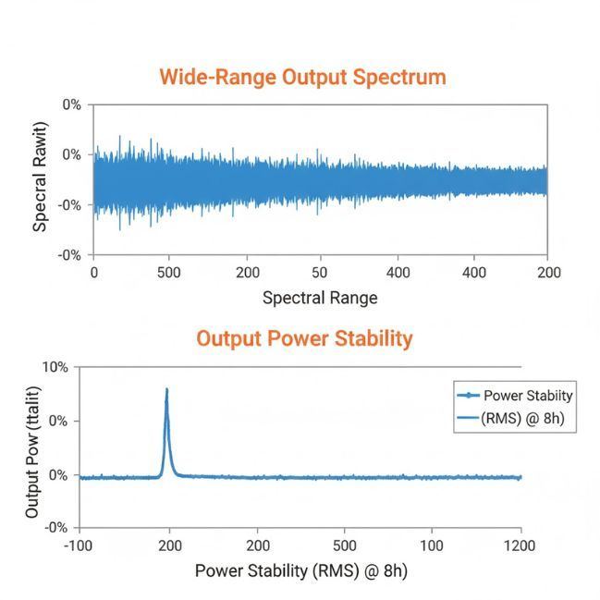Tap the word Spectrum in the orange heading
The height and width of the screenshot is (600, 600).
tap(401, 77)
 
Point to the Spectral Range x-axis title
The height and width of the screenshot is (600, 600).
tap(320, 298)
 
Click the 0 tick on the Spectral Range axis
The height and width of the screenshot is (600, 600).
tap(93, 273)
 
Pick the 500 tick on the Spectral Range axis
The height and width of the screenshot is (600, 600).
tap(168, 273)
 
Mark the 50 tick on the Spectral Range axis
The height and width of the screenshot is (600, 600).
tap(320, 273)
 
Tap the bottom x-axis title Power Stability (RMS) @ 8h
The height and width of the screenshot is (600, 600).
tap(300, 570)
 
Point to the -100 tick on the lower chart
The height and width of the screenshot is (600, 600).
tap(80, 545)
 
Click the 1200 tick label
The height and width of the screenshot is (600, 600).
tap(520, 545)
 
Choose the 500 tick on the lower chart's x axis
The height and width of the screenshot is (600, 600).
tap(345, 545)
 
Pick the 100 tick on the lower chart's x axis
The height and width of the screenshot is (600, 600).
tap(432, 545)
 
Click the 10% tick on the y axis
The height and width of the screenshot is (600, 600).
tap(55, 367)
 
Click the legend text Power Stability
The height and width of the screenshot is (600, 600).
tap(528, 396)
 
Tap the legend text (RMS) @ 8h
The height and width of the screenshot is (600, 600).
tap(523, 419)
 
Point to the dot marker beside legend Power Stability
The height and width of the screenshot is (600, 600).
tap(471, 396)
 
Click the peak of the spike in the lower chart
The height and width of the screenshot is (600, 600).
tap(167, 389)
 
